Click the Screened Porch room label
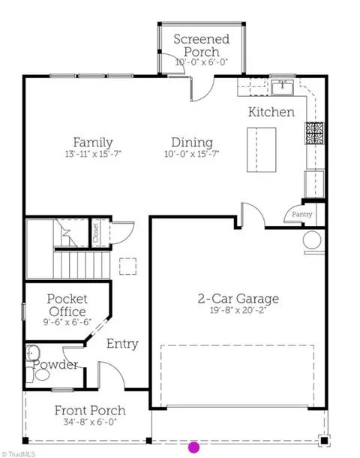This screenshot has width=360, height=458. [201, 46]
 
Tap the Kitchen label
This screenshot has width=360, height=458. [271, 112]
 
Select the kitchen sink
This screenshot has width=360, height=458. [283, 87]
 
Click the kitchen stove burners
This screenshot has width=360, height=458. [315, 133]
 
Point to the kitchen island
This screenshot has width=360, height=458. [262, 150]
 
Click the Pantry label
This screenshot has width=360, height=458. [302, 215]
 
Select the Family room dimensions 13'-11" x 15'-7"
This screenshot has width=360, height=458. [93, 154]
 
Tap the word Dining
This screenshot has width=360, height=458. [192, 143]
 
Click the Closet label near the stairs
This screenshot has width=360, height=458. [96, 233]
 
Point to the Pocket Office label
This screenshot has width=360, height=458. [67, 306]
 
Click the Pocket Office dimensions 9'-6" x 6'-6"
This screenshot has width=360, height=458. [67, 322]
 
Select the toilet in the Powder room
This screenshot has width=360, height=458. [39, 375]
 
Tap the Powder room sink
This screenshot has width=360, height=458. [33, 354]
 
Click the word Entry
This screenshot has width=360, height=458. [122, 344]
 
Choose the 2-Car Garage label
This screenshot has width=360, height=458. [238, 299]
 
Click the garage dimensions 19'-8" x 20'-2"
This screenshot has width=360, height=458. [238, 310]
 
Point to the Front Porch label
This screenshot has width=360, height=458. [90, 411]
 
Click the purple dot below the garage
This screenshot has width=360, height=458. [194, 447]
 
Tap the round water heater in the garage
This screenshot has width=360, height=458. [312, 240]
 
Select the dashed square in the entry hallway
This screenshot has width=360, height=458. [127, 267]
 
